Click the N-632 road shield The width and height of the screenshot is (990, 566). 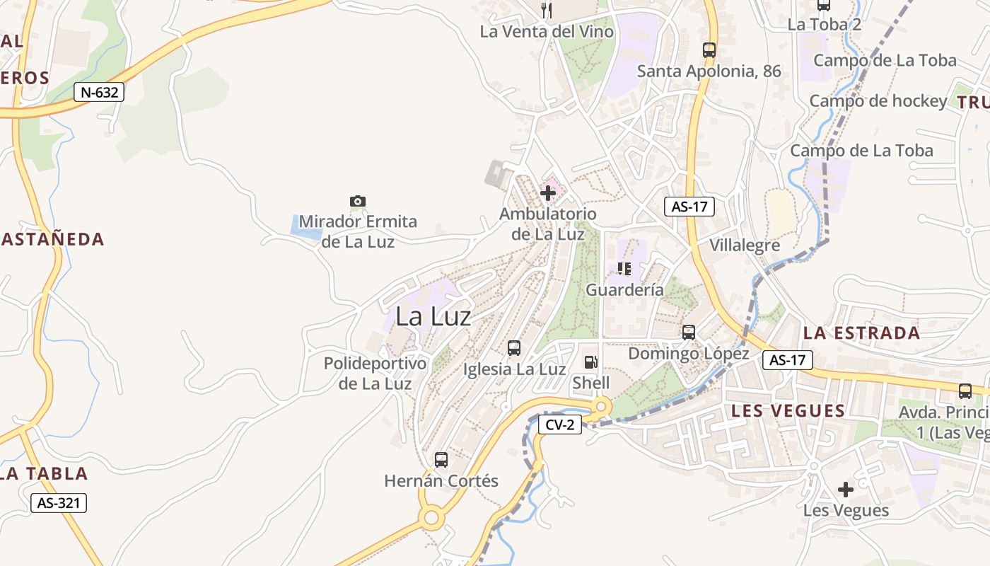coord(99,91)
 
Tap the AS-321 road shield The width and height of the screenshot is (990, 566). coord(59,503)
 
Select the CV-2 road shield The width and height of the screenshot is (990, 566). coord(560,424)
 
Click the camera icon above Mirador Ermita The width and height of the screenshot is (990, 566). coord(358,202)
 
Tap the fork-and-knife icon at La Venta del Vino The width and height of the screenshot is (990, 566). coord(546,10)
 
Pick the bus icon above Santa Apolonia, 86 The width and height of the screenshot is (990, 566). coord(709,50)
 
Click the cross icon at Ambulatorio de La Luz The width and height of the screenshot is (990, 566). coord(548,192)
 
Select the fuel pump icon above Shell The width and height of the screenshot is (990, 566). coord(590,362)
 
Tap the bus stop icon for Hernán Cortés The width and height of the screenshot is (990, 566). coord(441,460)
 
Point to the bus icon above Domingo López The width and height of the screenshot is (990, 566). coord(689,332)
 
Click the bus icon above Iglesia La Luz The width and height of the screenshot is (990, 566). coord(514,348)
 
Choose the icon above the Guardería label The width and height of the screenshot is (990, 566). coord(624,268)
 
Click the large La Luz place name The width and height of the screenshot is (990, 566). coord(433,316)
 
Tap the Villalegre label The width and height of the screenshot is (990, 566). coord(745,246)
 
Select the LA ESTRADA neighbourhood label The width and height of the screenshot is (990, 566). coord(861,333)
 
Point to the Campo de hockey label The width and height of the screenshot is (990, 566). coord(878,101)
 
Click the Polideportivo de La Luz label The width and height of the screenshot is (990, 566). coord(375,374)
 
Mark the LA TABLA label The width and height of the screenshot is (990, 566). coord(44,473)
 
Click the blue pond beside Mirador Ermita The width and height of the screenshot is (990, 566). coord(305,226)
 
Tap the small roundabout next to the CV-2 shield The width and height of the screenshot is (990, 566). coord(602,407)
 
